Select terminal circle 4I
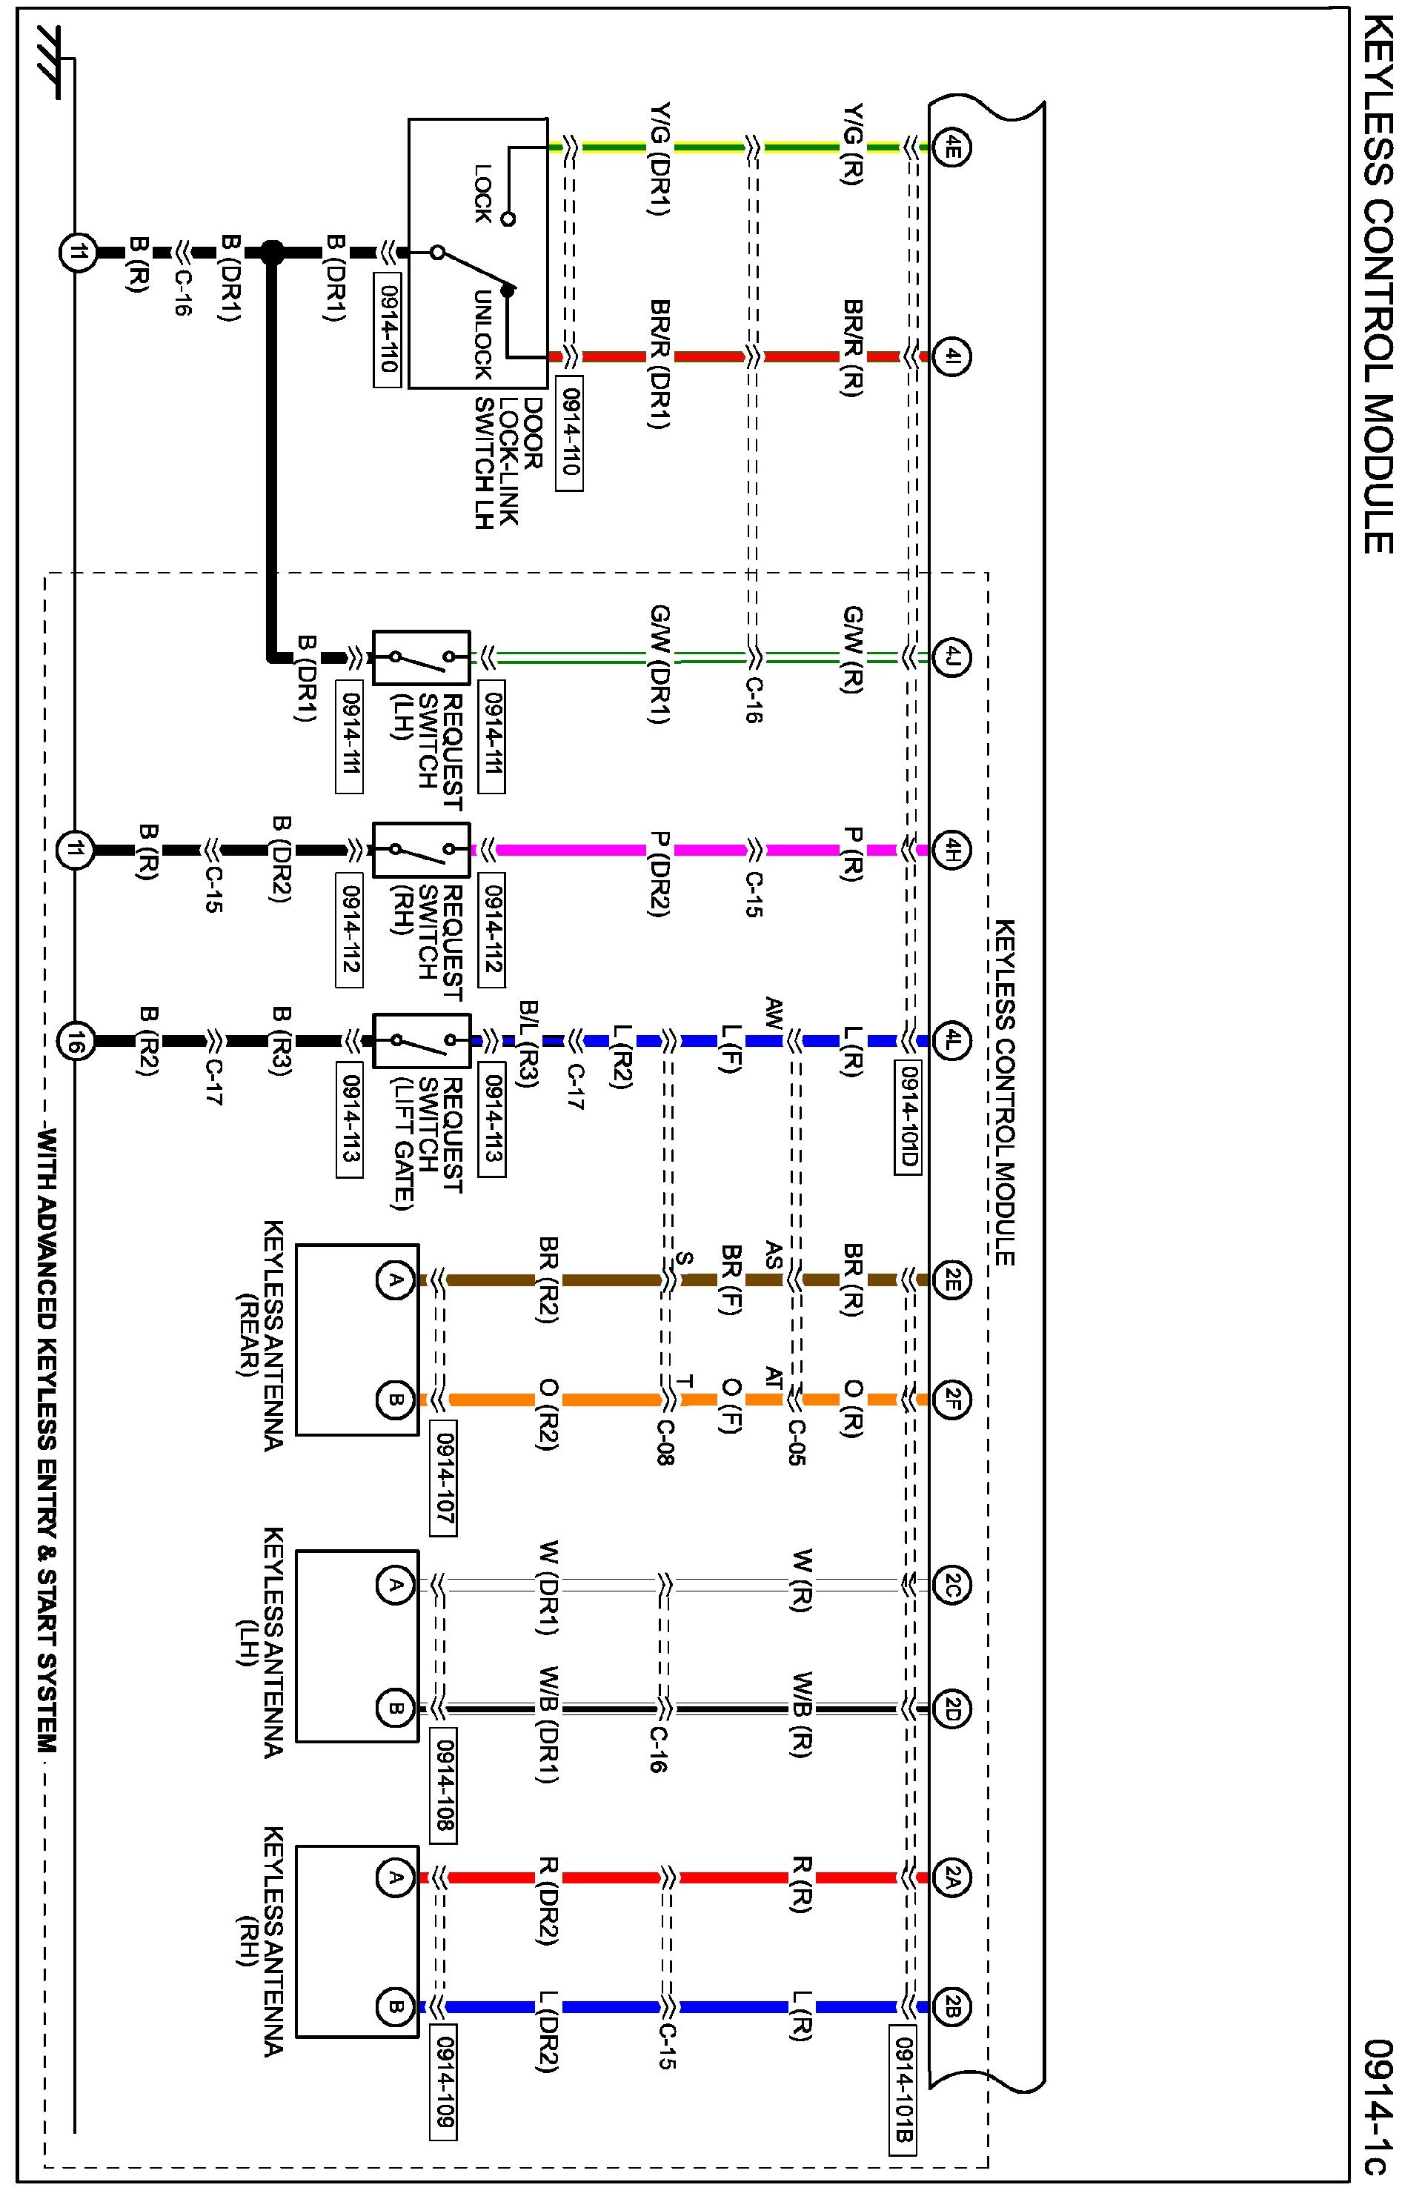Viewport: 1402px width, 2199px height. [951, 356]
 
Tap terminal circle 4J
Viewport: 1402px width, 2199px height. [951, 656]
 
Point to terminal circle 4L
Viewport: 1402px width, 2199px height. [951, 1039]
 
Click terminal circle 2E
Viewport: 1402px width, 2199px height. [951, 1280]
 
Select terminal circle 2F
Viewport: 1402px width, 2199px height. [951, 1399]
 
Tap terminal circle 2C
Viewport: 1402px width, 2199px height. [951, 1584]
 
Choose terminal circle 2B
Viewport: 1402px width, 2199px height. [951, 2007]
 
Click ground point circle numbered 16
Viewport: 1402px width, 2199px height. [75, 1039]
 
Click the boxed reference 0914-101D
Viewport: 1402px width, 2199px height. [906, 1118]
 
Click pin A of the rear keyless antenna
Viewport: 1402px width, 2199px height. [394, 1280]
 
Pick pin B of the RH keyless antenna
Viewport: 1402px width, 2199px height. [394, 2007]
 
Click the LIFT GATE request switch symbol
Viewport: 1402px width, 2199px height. [422, 1040]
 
